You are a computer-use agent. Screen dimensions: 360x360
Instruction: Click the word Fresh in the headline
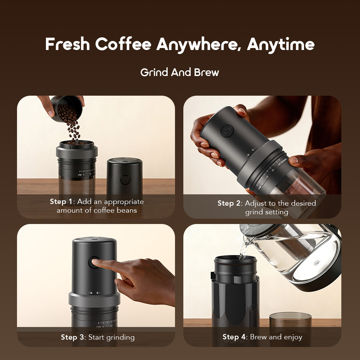(67, 44)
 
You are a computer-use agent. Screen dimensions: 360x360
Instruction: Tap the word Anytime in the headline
(281, 44)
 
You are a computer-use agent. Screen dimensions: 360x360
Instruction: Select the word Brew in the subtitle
(207, 72)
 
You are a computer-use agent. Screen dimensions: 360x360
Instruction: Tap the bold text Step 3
(73, 337)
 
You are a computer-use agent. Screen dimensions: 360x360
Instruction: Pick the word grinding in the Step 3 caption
(120, 337)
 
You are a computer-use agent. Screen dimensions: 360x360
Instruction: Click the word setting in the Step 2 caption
(277, 212)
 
